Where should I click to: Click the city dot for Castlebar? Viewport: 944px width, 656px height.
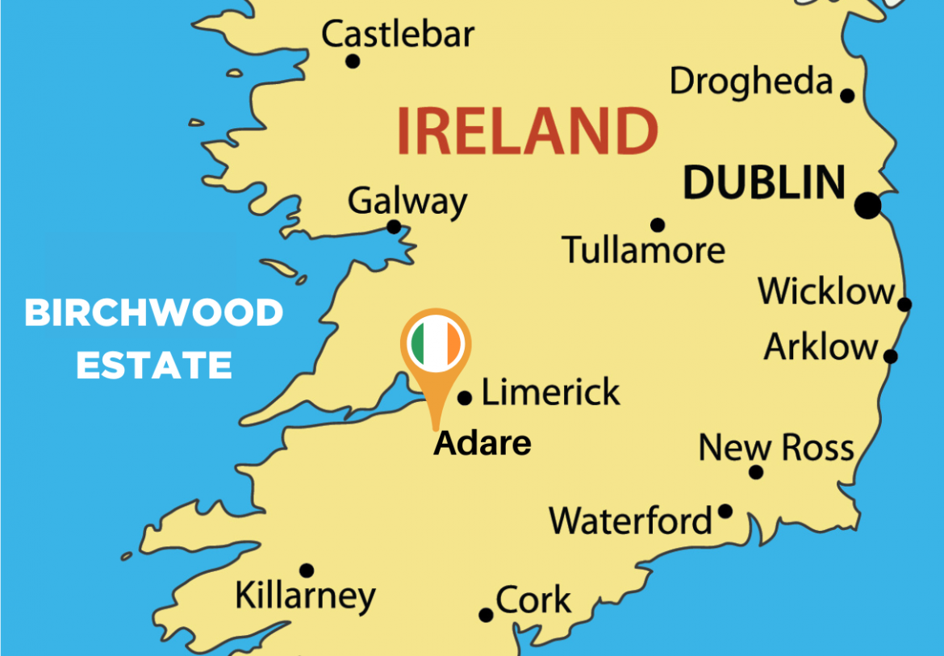click(x=353, y=61)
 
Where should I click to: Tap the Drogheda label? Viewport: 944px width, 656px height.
click(x=751, y=81)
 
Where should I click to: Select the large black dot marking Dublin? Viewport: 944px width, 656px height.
click(x=869, y=205)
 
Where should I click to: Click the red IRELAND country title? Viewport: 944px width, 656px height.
click(x=527, y=132)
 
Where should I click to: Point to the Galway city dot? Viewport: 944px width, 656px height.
click(x=394, y=227)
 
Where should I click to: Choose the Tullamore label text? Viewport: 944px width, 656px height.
click(x=643, y=250)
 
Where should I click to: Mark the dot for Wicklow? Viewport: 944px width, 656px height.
click(x=905, y=304)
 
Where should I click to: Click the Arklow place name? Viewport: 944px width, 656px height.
click(x=821, y=347)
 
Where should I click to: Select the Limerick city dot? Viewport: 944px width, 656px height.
click(x=465, y=398)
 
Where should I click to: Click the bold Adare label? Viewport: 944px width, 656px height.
click(x=482, y=443)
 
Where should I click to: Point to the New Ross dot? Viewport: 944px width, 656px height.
click(x=756, y=472)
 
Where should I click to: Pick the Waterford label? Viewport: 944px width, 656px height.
click(x=631, y=521)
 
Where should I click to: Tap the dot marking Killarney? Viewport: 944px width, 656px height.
click(x=307, y=570)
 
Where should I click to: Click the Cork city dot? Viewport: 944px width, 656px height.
click(x=486, y=615)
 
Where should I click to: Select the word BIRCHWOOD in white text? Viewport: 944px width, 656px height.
click(x=154, y=313)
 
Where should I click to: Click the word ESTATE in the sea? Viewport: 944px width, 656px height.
click(x=154, y=365)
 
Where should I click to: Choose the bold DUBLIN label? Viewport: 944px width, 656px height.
click(x=763, y=183)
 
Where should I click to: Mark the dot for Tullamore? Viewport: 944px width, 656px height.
click(x=658, y=225)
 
